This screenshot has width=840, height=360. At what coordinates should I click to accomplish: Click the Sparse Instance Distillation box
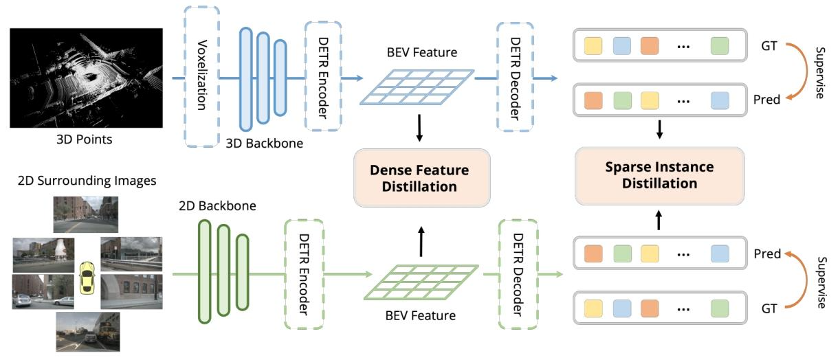point(660,175)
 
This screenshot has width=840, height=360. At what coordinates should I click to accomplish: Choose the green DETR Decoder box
point(516,275)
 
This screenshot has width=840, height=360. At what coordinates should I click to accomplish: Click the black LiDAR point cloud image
point(85,77)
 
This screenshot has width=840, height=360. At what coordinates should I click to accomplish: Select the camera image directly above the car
point(87,214)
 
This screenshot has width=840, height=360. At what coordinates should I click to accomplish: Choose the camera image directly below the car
point(87,331)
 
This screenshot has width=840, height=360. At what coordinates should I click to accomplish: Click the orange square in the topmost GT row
point(650,47)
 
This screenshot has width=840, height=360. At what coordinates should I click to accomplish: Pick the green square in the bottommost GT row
point(720,308)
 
